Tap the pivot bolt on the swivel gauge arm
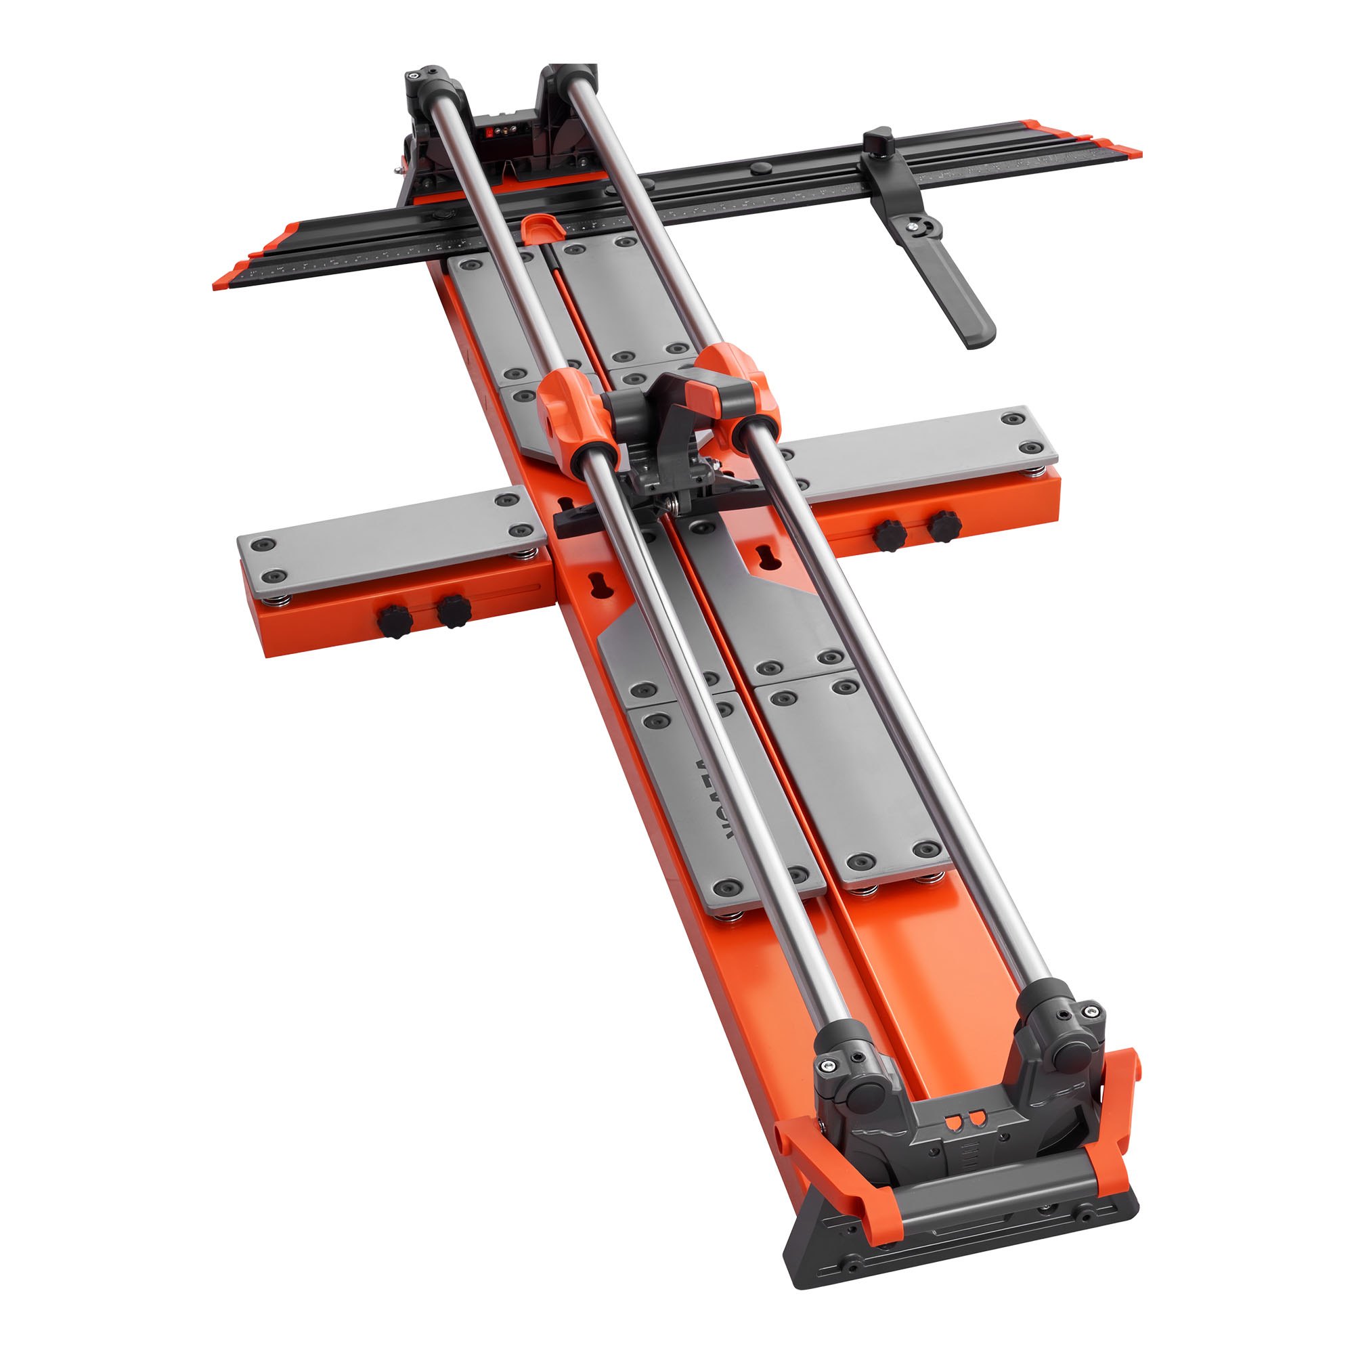tap(919, 225)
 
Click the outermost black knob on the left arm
tap(395, 621)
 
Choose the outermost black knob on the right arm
tap(944, 525)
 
